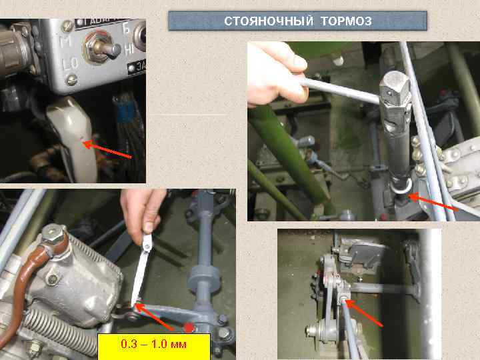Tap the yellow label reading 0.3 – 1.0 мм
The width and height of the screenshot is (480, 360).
(154, 345)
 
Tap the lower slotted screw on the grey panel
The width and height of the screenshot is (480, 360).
(71, 79)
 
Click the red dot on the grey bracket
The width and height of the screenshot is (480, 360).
(189, 327)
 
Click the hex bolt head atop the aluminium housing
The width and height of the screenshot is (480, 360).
(52, 234)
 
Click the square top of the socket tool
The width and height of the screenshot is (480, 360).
(395, 85)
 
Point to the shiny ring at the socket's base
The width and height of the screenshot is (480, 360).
(401, 189)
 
